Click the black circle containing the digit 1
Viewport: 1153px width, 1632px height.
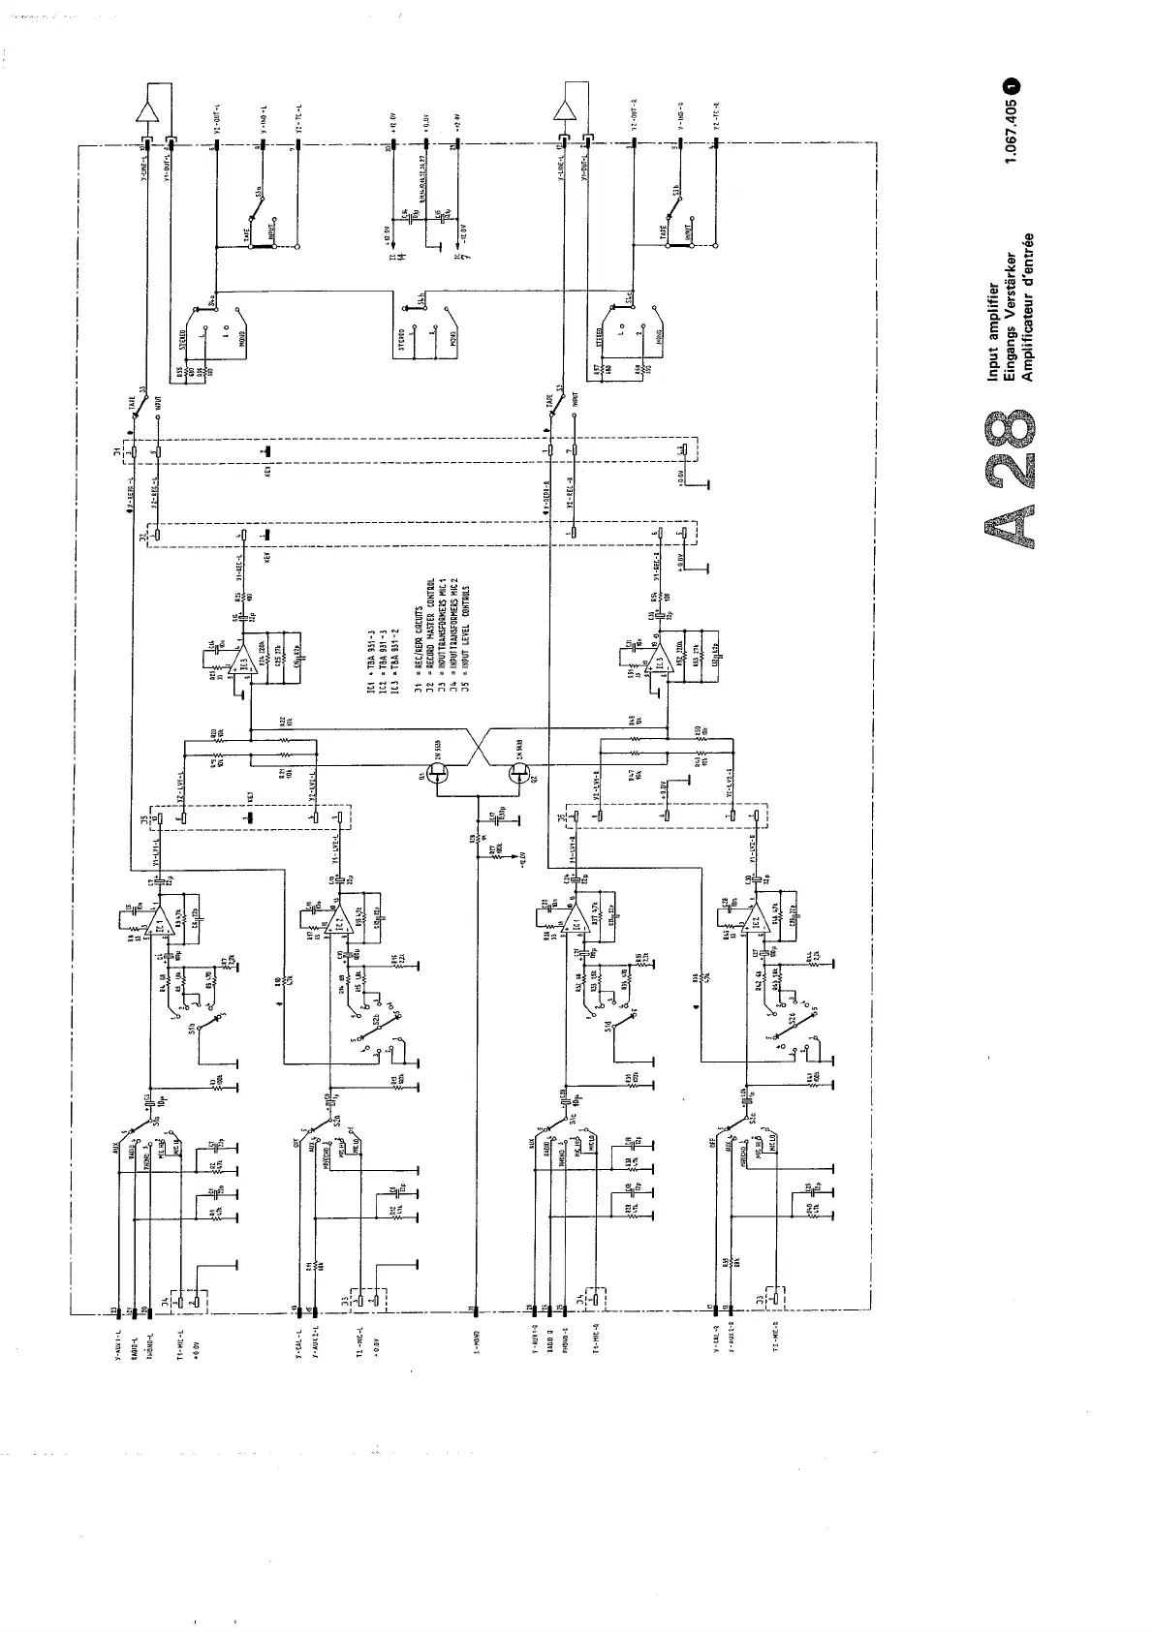tap(1013, 85)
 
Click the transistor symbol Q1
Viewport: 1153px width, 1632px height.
tap(440, 772)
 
